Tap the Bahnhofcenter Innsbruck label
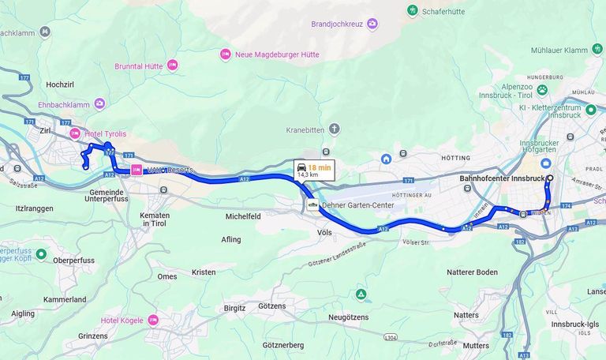tap(502, 178)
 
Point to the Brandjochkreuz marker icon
tap(372, 24)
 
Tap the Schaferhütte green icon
tap(412, 10)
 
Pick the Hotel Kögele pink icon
tap(153, 321)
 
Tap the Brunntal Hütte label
tap(138, 66)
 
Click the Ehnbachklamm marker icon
tap(99, 103)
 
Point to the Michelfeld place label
tap(243, 216)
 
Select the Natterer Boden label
tap(472, 272)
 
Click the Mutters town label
tap(476, 345)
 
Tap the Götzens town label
tap(271, 306)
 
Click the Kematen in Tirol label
tap(155, 219)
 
